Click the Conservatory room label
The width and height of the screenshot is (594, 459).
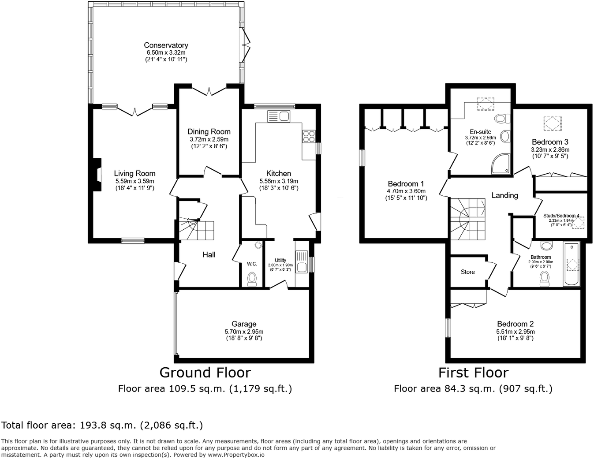point(166,45)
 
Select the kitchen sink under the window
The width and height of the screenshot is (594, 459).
point(278,116)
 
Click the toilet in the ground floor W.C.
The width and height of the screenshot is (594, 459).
point(252,279)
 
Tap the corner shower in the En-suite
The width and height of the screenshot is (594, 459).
point(501,164)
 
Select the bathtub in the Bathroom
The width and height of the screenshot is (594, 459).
point(572,264)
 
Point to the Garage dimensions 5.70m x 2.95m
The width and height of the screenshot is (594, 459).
point(244,332)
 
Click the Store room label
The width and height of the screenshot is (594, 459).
point(467,272)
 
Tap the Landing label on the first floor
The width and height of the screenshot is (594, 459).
point(504,195)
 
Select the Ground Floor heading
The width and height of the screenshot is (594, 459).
point(205,373)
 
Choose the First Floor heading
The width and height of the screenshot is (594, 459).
point(473,373)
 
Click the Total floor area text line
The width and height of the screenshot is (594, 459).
point(102,425)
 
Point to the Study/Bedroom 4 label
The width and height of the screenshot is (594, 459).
point(561,216)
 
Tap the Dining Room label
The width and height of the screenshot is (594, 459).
point(209,131)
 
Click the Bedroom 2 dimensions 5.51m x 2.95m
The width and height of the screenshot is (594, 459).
point(515,332)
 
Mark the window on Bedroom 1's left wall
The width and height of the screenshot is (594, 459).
point(362,158)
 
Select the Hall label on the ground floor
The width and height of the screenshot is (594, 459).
point(209,254)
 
